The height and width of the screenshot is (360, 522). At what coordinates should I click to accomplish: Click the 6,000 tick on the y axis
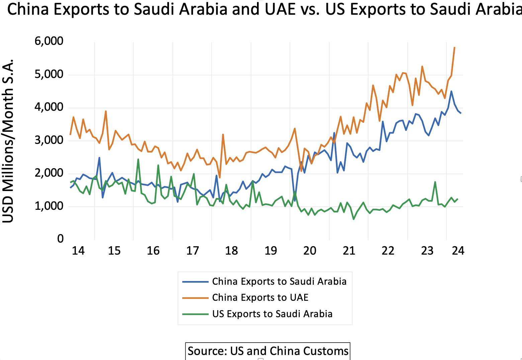point(49,41)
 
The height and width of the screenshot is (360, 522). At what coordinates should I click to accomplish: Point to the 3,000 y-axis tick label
point(49,140)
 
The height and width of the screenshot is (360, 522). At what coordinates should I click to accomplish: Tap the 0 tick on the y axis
point(60,239)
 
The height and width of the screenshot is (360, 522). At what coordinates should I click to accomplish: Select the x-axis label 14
point(78,251)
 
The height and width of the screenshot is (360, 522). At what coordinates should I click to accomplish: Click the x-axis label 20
point(310,251)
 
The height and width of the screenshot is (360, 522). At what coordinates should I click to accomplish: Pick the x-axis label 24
point(458,251)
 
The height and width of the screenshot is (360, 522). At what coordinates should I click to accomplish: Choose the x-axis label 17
point(192,251)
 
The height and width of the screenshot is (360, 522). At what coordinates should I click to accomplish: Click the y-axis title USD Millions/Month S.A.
point(8,141)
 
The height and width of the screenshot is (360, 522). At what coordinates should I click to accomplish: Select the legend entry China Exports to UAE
point(260,297)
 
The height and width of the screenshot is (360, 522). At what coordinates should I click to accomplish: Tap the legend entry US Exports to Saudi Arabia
point(272,314)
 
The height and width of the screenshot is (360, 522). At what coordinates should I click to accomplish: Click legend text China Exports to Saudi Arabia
point(279,281)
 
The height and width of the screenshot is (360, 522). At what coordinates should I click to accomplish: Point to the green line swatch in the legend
point(195,314)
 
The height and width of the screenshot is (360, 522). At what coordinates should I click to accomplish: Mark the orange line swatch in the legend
point(195,298)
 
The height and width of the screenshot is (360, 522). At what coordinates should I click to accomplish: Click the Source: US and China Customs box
point(268,351)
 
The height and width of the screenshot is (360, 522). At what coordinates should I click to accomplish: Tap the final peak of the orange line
point(454,48)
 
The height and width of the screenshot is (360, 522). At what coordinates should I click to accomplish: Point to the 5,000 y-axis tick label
point(49,74)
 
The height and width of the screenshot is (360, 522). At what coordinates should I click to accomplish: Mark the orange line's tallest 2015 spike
point(106,111)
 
